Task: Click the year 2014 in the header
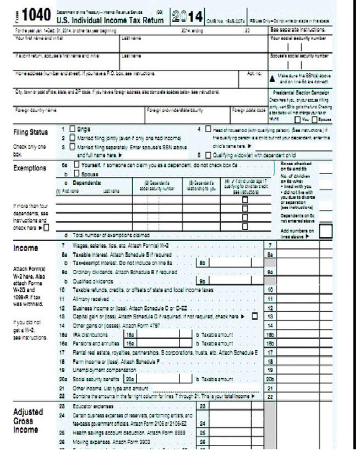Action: pos(186,16)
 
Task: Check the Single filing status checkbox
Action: pos(73,129)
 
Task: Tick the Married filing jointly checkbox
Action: pos(73,138)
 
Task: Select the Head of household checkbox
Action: pos(208,129)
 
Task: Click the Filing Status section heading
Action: pos(30,132)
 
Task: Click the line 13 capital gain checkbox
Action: pos(254,317)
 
